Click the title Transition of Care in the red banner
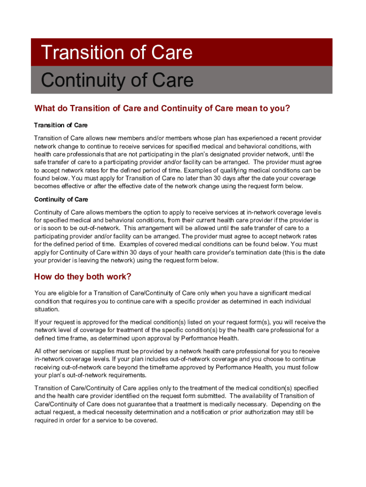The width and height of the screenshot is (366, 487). (117, 52)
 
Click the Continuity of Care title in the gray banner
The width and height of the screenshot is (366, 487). (117, 80)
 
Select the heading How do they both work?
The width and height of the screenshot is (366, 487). (82, 277)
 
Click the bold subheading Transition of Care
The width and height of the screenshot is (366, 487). (60, 125)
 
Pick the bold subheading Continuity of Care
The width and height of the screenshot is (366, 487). (61, 199)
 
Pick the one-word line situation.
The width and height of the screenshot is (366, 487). (47, 310)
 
